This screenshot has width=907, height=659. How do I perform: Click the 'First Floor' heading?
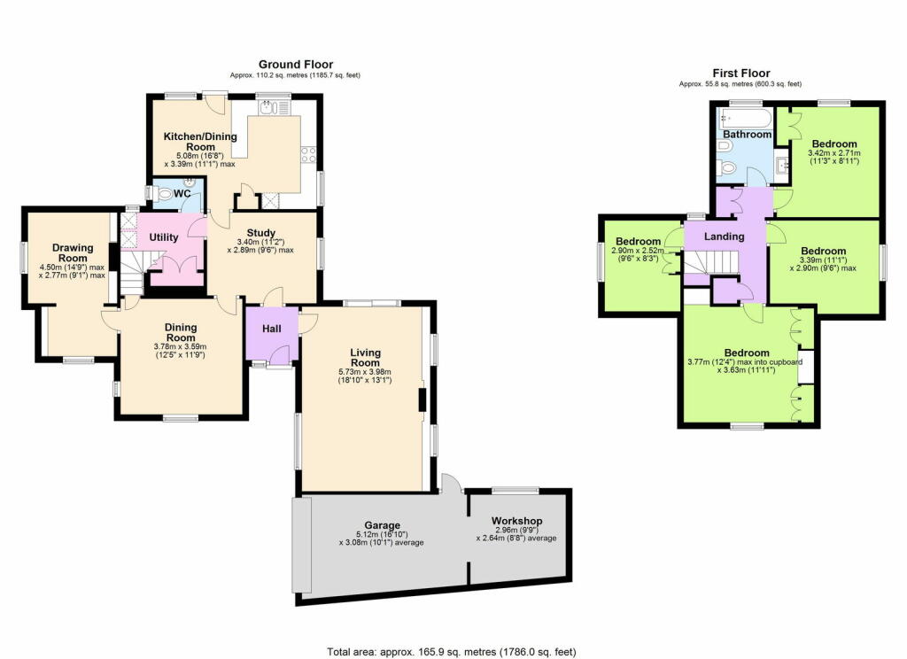[740, 74]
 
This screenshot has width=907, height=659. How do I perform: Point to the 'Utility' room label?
[165, 238]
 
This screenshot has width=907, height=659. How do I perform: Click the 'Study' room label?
[249, 234]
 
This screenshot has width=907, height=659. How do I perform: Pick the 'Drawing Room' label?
[73, 253]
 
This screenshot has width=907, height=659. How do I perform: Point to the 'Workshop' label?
[516, 521]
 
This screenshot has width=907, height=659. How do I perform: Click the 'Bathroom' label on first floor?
[747, 135]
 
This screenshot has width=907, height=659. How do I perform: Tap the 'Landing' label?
[724, 237]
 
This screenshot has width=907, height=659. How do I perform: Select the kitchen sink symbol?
[269, 108]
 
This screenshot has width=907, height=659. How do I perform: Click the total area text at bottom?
[452, 652]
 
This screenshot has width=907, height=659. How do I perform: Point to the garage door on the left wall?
[302, 544]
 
